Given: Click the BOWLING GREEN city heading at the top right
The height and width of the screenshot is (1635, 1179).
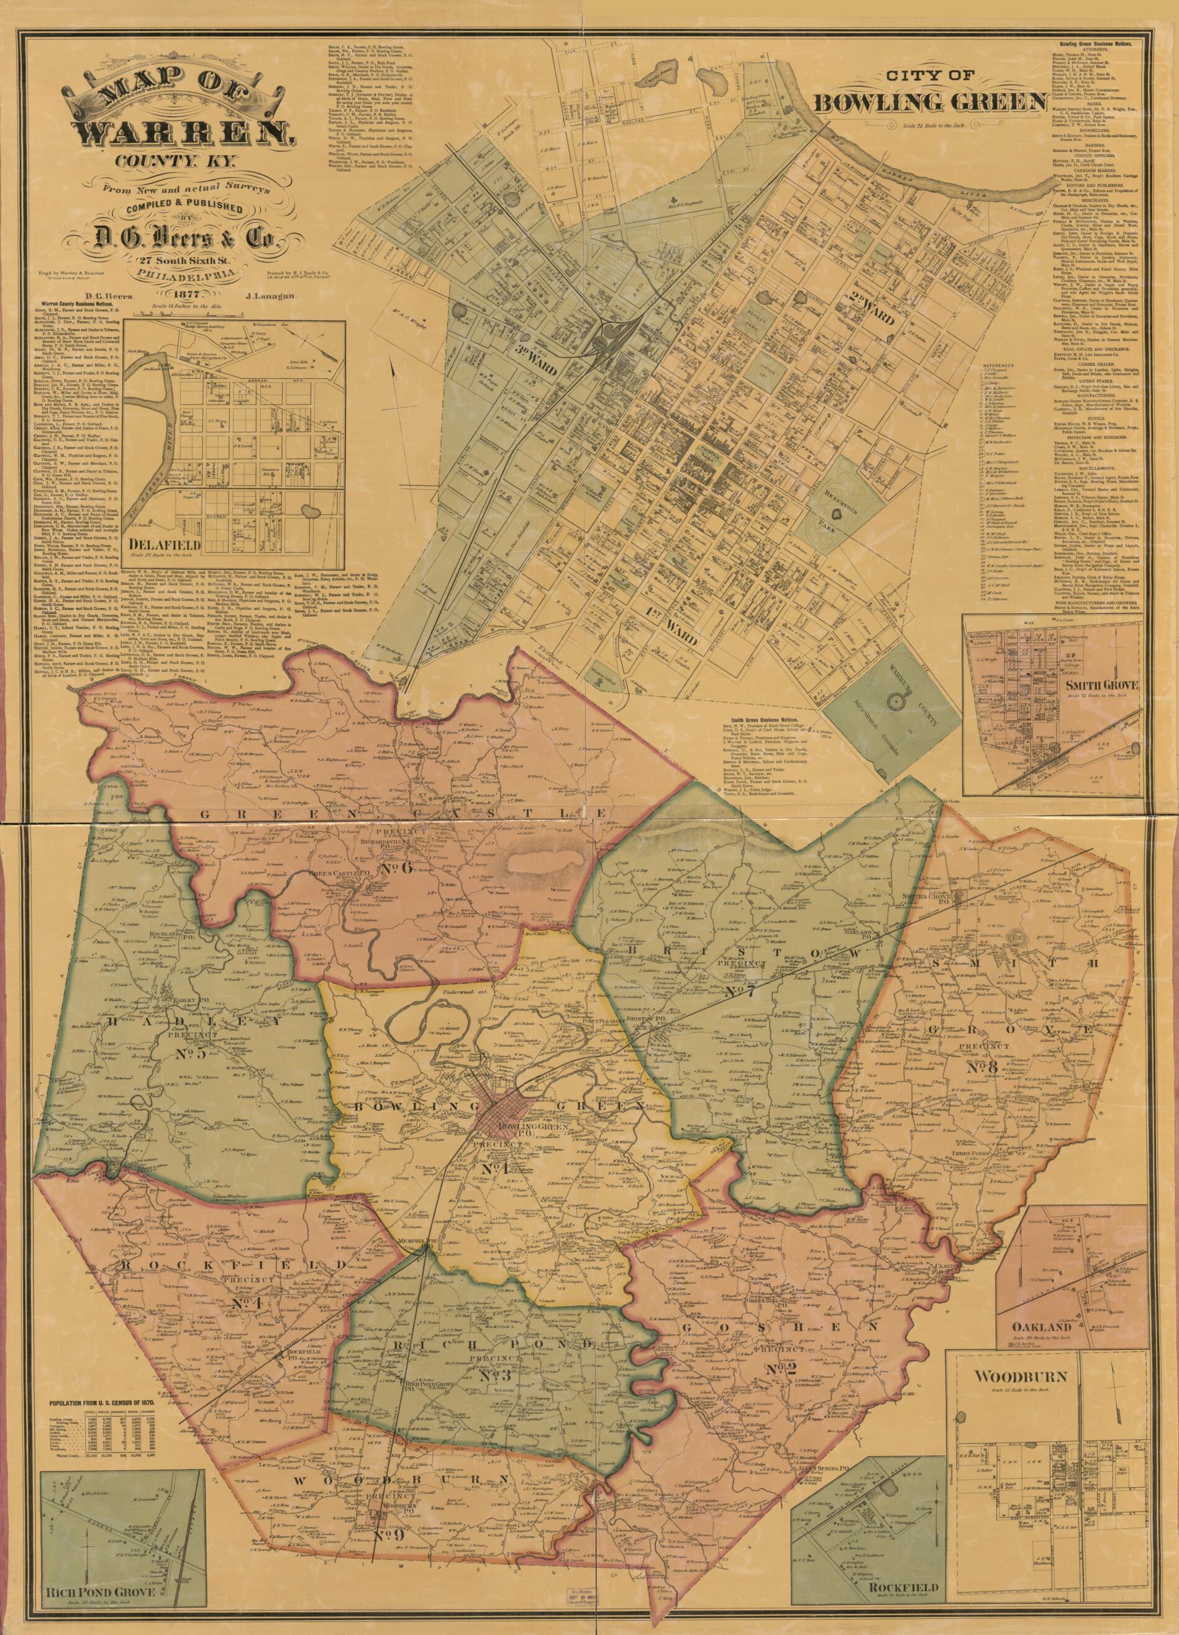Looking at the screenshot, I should pos(931,102).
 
